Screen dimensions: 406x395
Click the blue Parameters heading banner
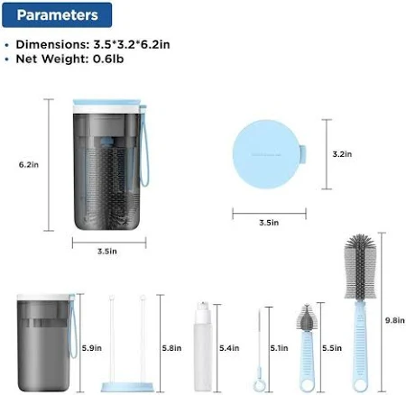click(x=57, y=14)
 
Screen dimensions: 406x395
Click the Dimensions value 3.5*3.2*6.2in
click(x=132, y=44)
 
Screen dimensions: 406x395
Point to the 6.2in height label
click(x=29, y=165)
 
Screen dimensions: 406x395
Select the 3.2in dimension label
click(x=342, y=154)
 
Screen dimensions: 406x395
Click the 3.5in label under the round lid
click(x=269, y=223)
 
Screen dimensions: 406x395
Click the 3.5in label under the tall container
click(x=107, y=252)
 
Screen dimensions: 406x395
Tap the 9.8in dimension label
click(x=395, y=320)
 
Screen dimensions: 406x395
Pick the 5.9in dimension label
click(x=92, y=348)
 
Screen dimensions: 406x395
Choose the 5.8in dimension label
click(x=171, y=348)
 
